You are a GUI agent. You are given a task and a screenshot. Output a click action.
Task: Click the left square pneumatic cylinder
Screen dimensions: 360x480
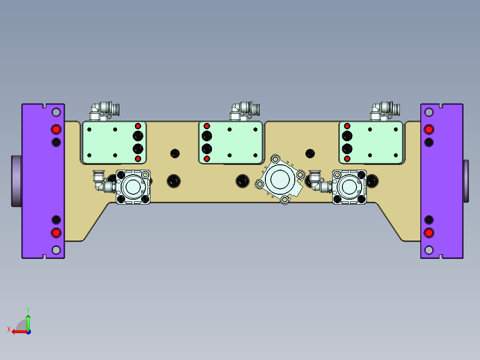point(133,187)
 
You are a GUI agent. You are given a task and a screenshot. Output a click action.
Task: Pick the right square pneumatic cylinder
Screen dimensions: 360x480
point(350,187)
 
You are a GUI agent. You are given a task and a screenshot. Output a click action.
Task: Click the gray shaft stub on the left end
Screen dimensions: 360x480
point(16,180)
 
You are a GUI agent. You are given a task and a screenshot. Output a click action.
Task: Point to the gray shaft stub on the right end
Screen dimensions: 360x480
point(466,180)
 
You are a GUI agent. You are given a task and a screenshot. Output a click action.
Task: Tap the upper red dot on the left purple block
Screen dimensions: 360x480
point(56,129)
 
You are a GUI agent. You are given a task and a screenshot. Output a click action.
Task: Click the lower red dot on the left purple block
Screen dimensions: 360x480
point(56,233)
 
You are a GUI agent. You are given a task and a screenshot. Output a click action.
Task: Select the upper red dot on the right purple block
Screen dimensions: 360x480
point(428,129)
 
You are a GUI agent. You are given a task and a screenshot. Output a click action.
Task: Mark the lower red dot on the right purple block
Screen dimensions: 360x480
point(428,233)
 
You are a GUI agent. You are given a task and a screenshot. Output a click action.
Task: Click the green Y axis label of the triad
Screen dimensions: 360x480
point(28,309)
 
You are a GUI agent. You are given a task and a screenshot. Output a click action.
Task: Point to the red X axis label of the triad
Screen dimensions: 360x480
point(8,329)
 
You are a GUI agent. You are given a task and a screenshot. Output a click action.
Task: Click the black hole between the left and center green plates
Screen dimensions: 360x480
point(175,153)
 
